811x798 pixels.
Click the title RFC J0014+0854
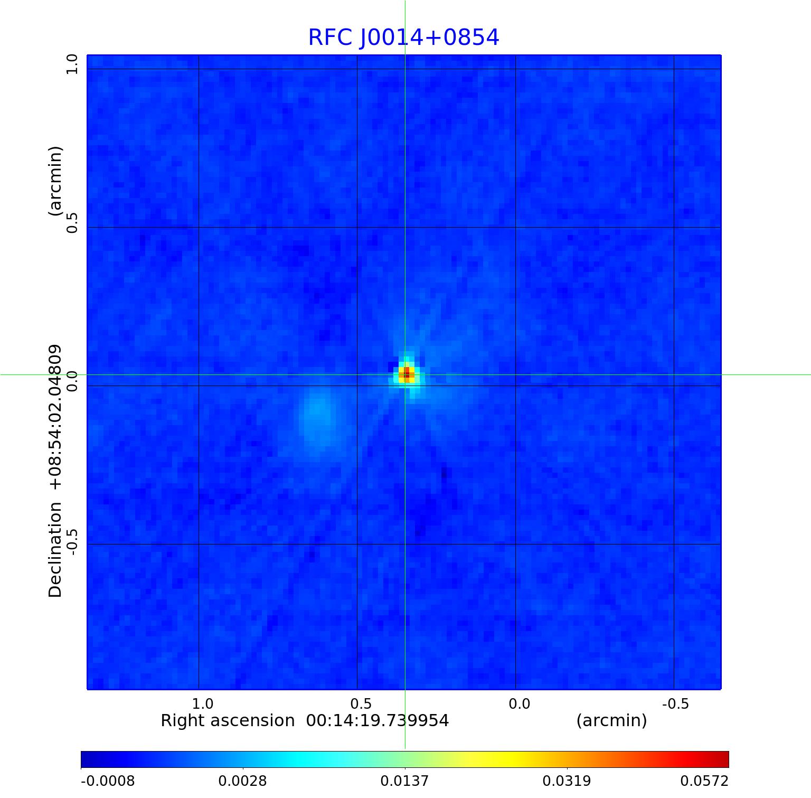click(x=403, y=37)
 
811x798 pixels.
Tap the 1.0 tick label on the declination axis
click(x=72, y=64)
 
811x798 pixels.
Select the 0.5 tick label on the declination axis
click(x=72, y=223)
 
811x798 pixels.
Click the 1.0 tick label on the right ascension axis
click(x=202, y=704)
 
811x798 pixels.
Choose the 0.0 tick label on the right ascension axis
click(x=519, y=704)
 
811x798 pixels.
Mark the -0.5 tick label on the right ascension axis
click(x=675, y=704)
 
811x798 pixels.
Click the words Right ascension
click(x=228, y=721)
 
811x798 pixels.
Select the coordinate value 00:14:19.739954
click(x=378, y=721)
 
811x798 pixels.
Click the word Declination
click(x=55, y=550)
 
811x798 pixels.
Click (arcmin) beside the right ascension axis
click(x=611, y=721)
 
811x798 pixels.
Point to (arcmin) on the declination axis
click(x=55, y=181)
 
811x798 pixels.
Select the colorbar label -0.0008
click(x=108, y=781)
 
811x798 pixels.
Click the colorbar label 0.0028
click(x=242, y=781)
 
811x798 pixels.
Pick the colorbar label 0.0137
click(x=404, y=781)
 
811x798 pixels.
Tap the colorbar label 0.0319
click(x=567, y=781)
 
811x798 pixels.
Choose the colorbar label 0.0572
click(x=704, y=781)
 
